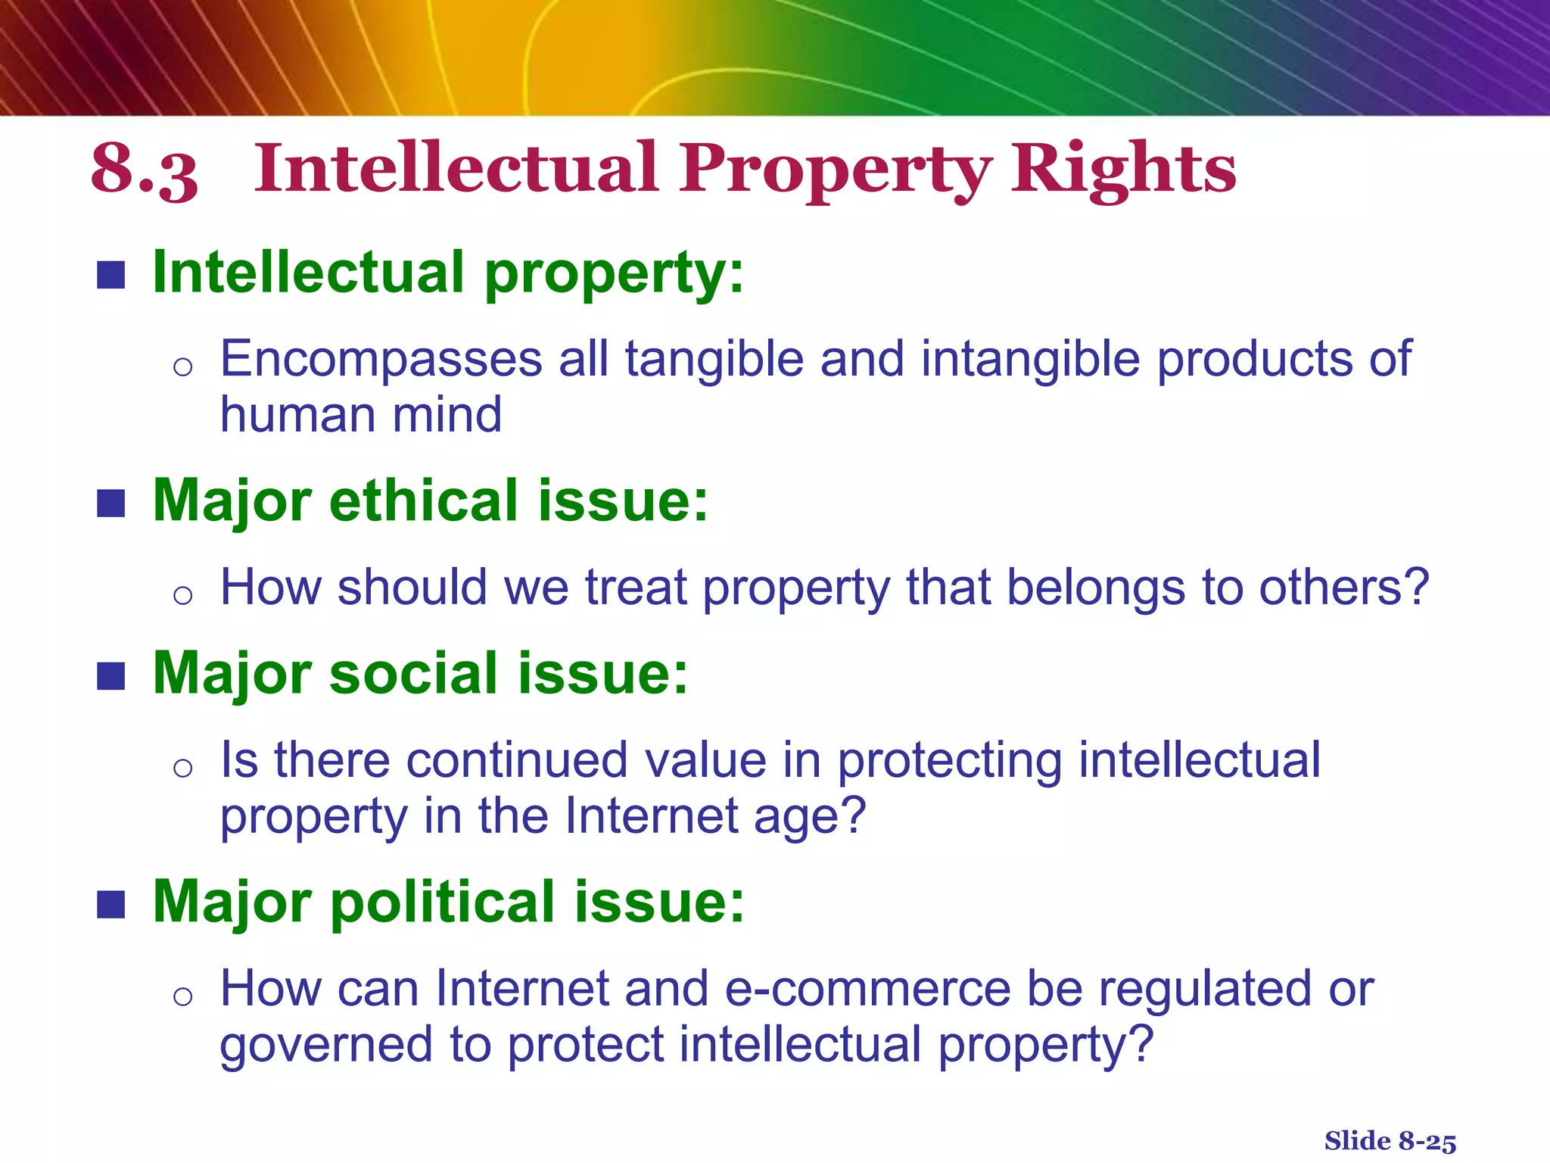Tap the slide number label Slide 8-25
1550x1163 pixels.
(x=1390, y=1140)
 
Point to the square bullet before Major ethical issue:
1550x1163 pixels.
(x=110, y=504)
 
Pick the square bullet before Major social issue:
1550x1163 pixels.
(x=110, y=676)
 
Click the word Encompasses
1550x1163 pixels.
(x=381, y=359)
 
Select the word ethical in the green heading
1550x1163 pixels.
(x=423, y=501)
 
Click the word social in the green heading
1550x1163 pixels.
(x=413, y=674)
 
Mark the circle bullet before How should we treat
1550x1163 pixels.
(x=182, y=595)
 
